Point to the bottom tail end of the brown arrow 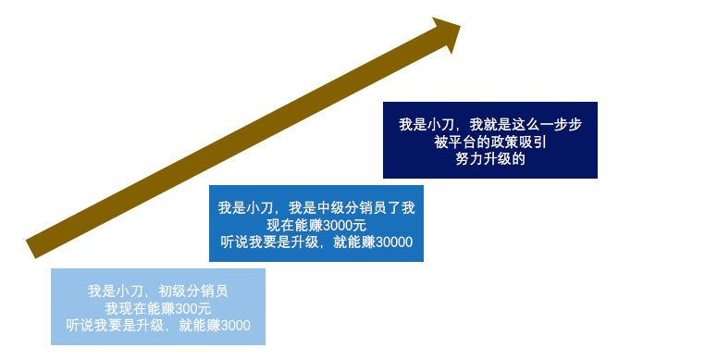coord(32,247)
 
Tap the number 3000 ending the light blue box coord(234,326)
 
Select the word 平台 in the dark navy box coord(464,142)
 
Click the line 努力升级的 coord(490,159)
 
